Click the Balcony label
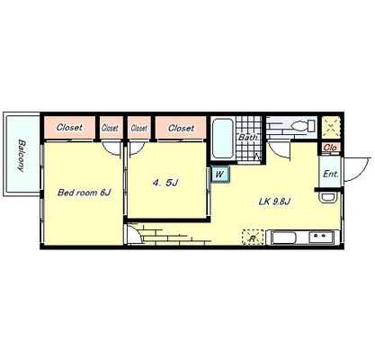21,155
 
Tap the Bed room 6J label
85,193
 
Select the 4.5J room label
165,183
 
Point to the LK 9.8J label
274,202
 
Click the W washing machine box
220,174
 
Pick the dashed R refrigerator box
253,238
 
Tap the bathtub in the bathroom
223,139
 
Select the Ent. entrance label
331,174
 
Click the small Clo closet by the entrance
331,148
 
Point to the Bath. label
248,138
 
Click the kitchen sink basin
283,238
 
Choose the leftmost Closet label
69,127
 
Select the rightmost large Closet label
181,129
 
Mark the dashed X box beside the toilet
331,127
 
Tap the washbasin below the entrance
327,198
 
